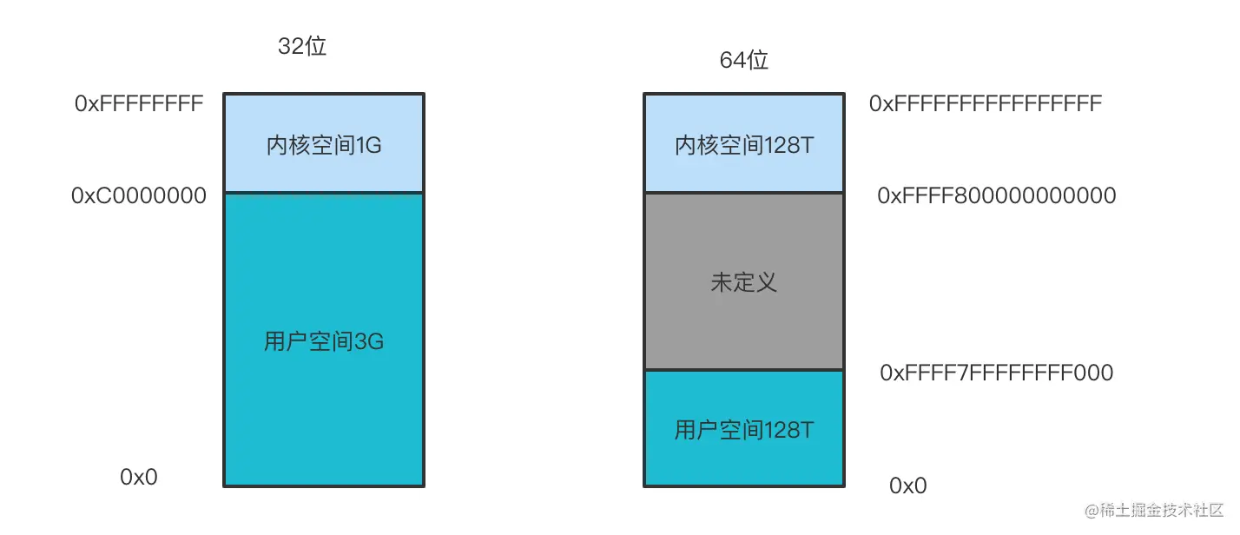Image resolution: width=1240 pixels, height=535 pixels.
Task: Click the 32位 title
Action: click(x=301, y=46)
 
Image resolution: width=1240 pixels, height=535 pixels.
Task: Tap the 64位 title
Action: click(x=743, y=60)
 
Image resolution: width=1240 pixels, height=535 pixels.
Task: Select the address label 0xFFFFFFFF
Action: click(x=139, y=103)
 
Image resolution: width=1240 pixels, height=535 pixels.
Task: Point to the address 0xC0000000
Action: click(x=138, y=195)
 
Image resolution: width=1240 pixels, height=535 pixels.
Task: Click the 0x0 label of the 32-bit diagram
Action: click(x=138, y=477)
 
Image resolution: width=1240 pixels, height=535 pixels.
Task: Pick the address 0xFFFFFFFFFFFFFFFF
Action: click(x=986, y=103)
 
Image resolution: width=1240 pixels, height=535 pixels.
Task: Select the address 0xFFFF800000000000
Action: click(x=997, y=195)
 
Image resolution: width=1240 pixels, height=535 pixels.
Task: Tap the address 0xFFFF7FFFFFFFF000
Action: click(x=997, y=373)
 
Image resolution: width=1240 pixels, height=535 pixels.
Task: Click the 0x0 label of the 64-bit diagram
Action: click(x=908, y=485)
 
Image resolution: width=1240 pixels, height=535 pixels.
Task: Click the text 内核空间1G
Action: click(x=324, y=145)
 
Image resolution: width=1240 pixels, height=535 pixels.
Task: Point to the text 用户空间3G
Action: click(x=324, y=341)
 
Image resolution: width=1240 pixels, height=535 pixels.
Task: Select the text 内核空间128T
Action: click(x=744, y=145)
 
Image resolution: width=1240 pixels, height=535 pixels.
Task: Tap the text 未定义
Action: click(x=744, y=282)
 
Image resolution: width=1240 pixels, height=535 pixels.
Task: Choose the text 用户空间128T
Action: click(x=744, y=430)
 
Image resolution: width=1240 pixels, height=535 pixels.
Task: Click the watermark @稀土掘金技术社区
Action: click(x=1154, y=510)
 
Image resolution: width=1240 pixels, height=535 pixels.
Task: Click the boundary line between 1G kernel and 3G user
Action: click(x=324, y=193)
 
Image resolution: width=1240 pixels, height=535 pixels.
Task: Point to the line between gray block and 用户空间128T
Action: click(x=744, y=370)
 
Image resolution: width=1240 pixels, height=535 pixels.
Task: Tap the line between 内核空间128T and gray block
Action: click(x=744, y=193)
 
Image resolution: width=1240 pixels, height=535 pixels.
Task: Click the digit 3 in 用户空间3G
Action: click(x=359, y=341)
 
